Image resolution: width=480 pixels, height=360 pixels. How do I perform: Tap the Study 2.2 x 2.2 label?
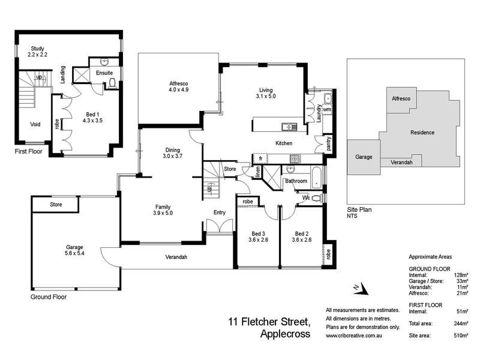(37, 52)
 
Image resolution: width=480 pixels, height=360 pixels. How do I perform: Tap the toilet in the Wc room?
(317, 197)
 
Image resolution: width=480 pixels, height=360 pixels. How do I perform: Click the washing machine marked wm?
(327, 110)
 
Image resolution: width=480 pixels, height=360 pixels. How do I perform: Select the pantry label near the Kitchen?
(328, 144)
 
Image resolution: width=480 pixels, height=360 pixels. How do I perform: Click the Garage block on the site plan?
(364, 157)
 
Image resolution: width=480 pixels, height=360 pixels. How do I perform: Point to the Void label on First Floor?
(35, 125)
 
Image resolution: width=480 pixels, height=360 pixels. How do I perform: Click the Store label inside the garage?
(56, 205)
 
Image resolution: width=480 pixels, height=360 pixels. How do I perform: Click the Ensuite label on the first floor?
(103, 73)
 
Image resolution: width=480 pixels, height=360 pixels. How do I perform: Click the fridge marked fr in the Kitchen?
(260, 158)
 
